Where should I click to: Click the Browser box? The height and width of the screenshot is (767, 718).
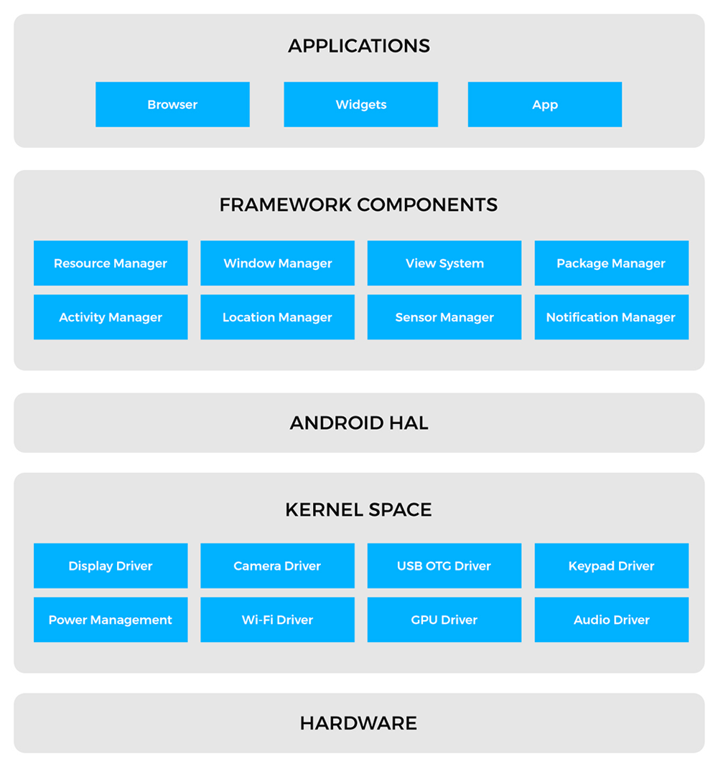(172, 104)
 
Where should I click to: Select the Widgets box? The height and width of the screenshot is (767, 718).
(360, 104)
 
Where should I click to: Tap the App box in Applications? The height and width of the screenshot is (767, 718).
(545, 104)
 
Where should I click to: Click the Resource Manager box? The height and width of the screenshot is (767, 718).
(111, 263)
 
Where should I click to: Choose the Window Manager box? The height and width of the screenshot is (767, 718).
(278, 263)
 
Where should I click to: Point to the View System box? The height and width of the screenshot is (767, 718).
(444, 263)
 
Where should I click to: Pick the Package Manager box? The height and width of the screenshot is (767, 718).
(611, 263)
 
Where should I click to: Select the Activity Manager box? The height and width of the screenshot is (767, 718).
(111, 317)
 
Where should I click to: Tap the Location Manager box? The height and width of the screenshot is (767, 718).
(278, 317)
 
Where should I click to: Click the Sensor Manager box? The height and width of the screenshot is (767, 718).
(444, 317)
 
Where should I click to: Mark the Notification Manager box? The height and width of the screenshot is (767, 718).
(611, 317)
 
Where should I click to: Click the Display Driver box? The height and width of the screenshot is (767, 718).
(111, 565)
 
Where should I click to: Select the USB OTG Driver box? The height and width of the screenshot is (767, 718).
(444, 565)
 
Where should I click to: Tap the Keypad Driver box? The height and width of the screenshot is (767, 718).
(611, 565)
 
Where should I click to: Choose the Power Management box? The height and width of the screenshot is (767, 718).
(111, 619)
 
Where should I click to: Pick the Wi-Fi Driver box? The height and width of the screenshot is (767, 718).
(278, 619)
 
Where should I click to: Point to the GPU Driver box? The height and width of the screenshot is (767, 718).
(444, 619)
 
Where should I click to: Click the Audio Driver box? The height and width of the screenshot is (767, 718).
(611, 619)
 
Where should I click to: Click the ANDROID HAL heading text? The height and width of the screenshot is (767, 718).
(359, 423)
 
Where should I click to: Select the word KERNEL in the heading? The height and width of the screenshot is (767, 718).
(324, 509)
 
